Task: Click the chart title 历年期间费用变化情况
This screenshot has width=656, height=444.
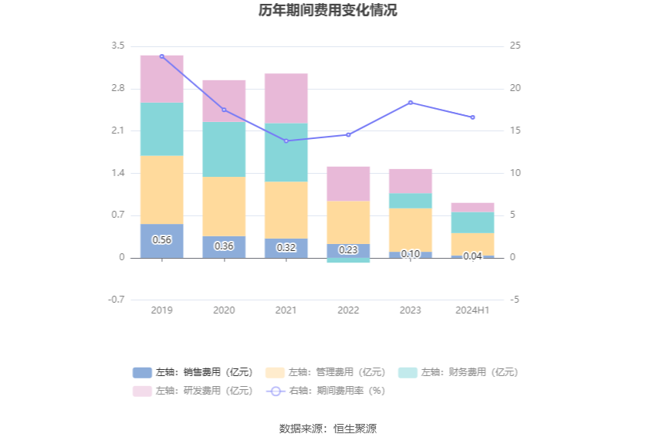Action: coord(328,11)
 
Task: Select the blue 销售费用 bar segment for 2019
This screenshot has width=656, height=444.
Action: coord(162,240)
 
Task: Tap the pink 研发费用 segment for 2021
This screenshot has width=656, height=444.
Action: coord(286,98)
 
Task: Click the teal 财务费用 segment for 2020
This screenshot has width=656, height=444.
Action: coord(224,149)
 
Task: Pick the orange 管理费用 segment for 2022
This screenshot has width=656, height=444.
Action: coord(348,222)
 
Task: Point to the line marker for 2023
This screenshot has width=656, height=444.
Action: coord(411,103)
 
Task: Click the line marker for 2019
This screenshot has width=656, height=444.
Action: coord(162,56)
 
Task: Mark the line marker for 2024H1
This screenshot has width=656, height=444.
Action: coord(472,117)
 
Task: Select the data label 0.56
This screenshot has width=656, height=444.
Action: coord(162,239)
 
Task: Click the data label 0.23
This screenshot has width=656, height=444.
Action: coord(348,249)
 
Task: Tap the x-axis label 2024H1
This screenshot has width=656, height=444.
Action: coord(472,310)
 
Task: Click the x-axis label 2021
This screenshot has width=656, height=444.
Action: coord(286,310)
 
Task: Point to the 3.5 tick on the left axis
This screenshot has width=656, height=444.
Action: coord(117,46)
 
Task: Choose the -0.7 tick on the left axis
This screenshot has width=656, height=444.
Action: coord(116,300)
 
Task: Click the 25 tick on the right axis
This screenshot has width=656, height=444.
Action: coord(515,46)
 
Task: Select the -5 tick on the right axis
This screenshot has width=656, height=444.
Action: coord(514,300)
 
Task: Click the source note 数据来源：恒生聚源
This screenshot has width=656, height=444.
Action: coord(328,429)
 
